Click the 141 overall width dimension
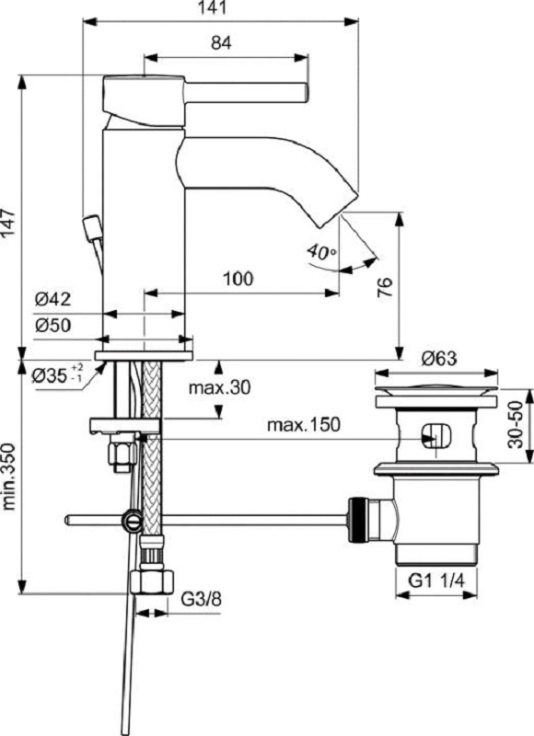coord(220,8)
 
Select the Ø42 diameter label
coord(53,299)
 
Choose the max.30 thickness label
coord(219,387)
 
